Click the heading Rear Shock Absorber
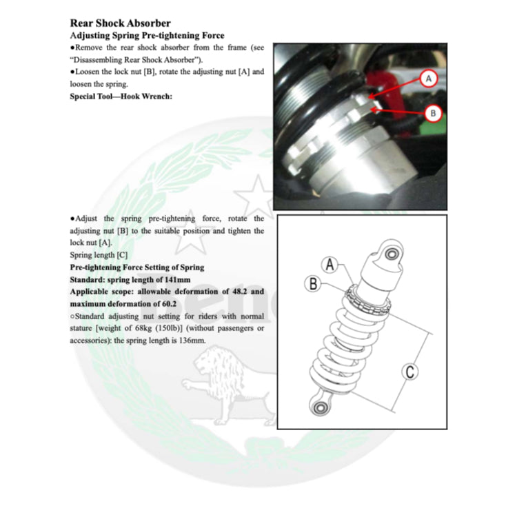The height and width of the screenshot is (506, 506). [x=121, y=23]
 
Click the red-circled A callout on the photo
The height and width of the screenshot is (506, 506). [x=428, y=79]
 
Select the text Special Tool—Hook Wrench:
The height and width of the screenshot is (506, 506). [x=121, y=96]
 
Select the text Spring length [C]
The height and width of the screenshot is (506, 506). [x=99, y=255]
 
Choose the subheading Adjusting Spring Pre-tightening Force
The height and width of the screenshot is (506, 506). [x=147, y=35]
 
